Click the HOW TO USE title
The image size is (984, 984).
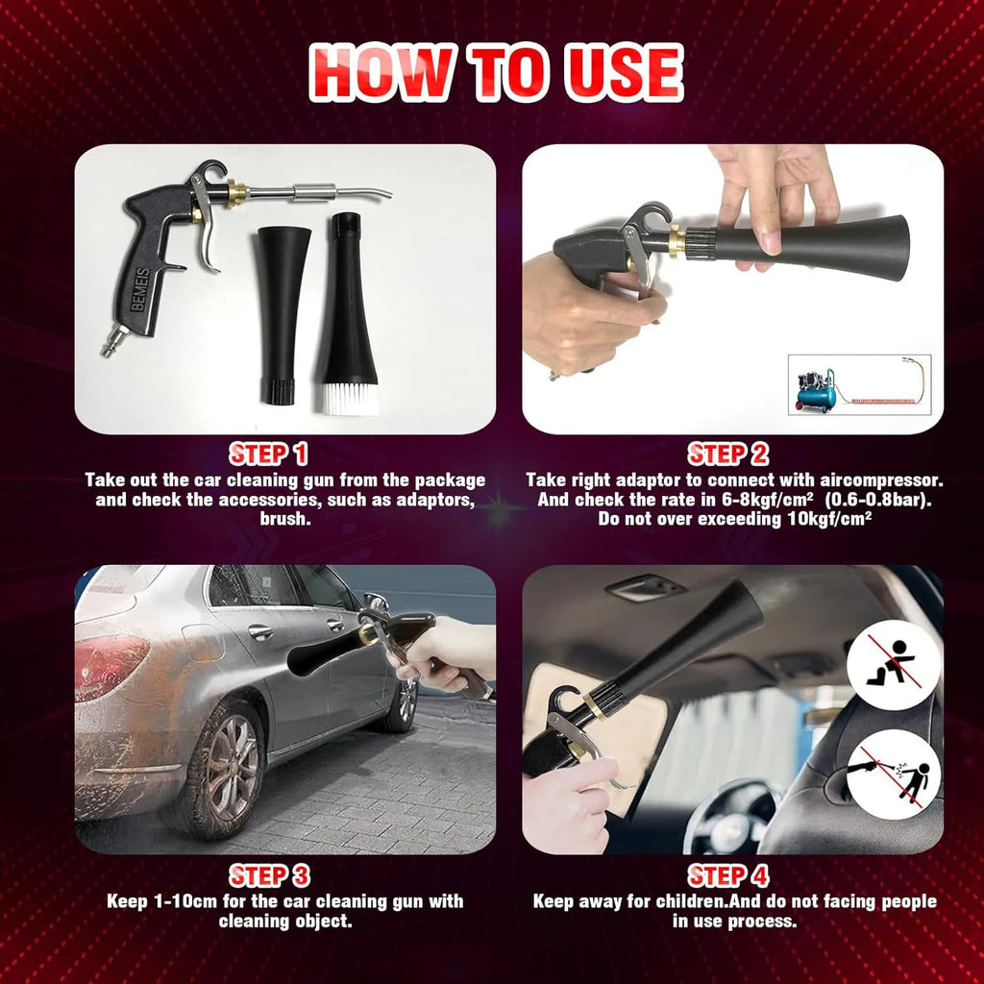tap(495, 72)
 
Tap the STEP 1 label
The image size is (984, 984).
tap(268, 455)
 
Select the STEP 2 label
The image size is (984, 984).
tap(727, 455)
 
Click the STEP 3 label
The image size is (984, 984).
tap(268, 875)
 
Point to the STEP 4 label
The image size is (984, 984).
tap(727, 875)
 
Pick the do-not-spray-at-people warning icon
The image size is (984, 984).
tap(893, 775)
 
